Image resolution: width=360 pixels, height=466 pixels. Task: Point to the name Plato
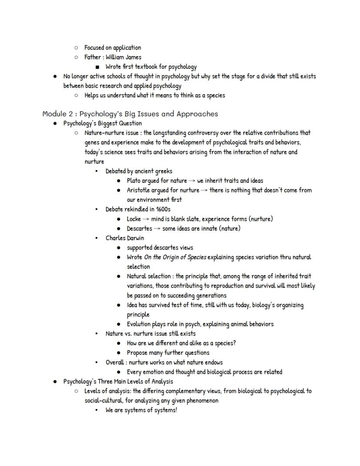pyautogui.click(x=134, y=181)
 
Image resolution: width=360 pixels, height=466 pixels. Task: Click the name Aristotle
pyautogui.click(x=139, y=190)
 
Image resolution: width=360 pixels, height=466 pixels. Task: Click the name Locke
pyautogui.click(x=134, y=219)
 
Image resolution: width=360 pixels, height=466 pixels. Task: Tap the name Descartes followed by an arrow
pyautogui.click(x=140, y=228)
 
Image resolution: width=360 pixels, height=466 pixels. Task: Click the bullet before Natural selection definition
pyautogui.click(x=119, y=276)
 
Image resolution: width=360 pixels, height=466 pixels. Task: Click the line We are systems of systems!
pyautogui.click(x=141, y=410)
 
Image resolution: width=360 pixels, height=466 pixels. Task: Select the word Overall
pyautogui.click(x=116, y=362)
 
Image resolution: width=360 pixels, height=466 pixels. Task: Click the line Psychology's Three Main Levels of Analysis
pyautogui.click(x=118, y=382)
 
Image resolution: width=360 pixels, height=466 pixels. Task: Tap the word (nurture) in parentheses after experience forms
pyautogui.click(x=260, y=219)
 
